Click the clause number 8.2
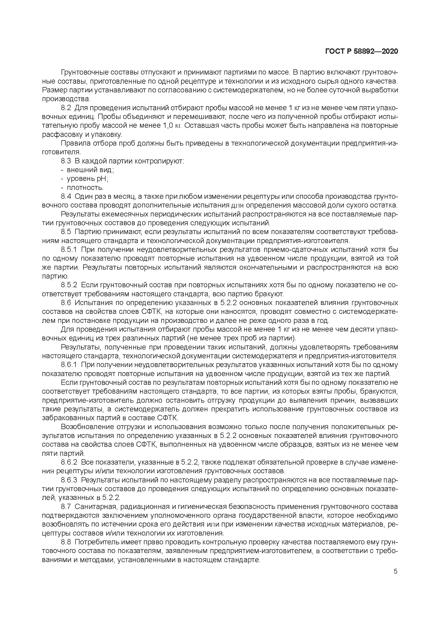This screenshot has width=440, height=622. pos(66,108)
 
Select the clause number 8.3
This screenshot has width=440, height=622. pos(66,161)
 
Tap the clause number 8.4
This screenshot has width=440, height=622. pos(66,196)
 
